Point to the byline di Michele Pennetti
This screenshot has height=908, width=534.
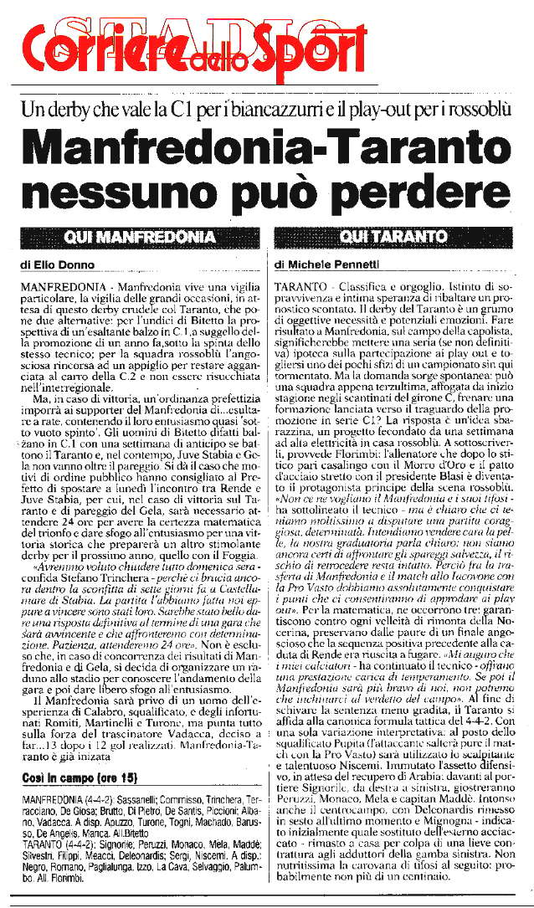point(326,265)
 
